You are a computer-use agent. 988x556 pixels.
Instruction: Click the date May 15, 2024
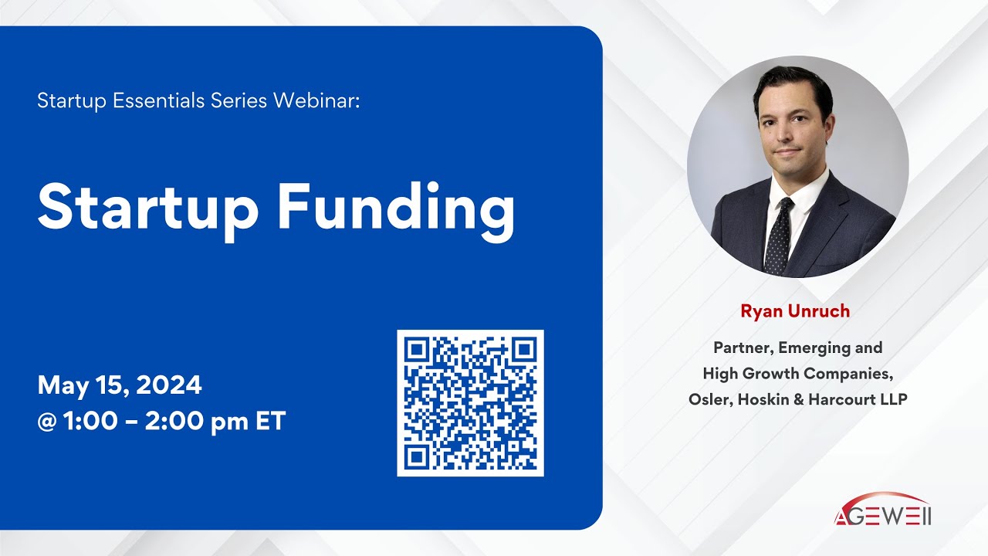(120, 385)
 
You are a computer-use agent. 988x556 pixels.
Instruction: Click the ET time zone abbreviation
(270, 422)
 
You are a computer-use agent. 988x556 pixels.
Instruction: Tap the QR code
(470, 403)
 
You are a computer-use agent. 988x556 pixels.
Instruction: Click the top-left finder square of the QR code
(418, 350)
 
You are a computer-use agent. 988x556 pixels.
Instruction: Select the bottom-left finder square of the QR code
(418, 456)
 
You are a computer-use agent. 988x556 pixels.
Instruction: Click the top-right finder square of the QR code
(523, 350)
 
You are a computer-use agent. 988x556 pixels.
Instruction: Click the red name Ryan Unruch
(795, 311)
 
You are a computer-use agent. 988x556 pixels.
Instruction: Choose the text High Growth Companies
(797, 374)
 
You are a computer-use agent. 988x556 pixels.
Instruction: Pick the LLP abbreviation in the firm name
(892, 399)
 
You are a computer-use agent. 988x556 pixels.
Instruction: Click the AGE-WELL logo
(882, 511)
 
